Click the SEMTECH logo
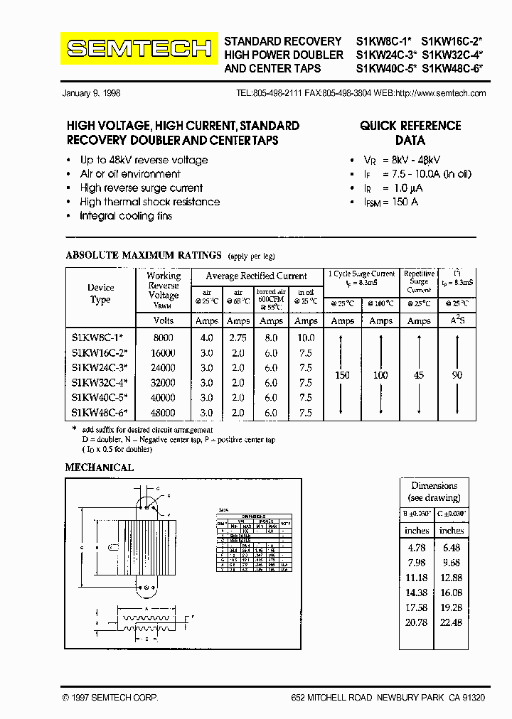[x=139, y=49]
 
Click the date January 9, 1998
[x=91, y=93]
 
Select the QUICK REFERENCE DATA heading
[x=410, y=133]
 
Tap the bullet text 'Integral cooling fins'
[x=126, y=215]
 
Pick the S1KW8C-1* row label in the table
[x=99, y=338]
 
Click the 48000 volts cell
[x=163, y=412]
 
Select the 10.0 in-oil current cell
[x=306, y=338]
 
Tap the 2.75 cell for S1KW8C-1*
[x=238, y=338]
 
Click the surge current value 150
[x=343, y=374]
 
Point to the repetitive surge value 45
[x=419, y=374]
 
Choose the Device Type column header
[x=100, y=293]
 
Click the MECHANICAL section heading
[x=100, y=467]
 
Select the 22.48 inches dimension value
[x=451, y=622]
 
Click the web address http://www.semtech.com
[x=440, y=93]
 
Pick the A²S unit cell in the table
[x=457, y=320]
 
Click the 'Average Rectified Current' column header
[x=256, y=276]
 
